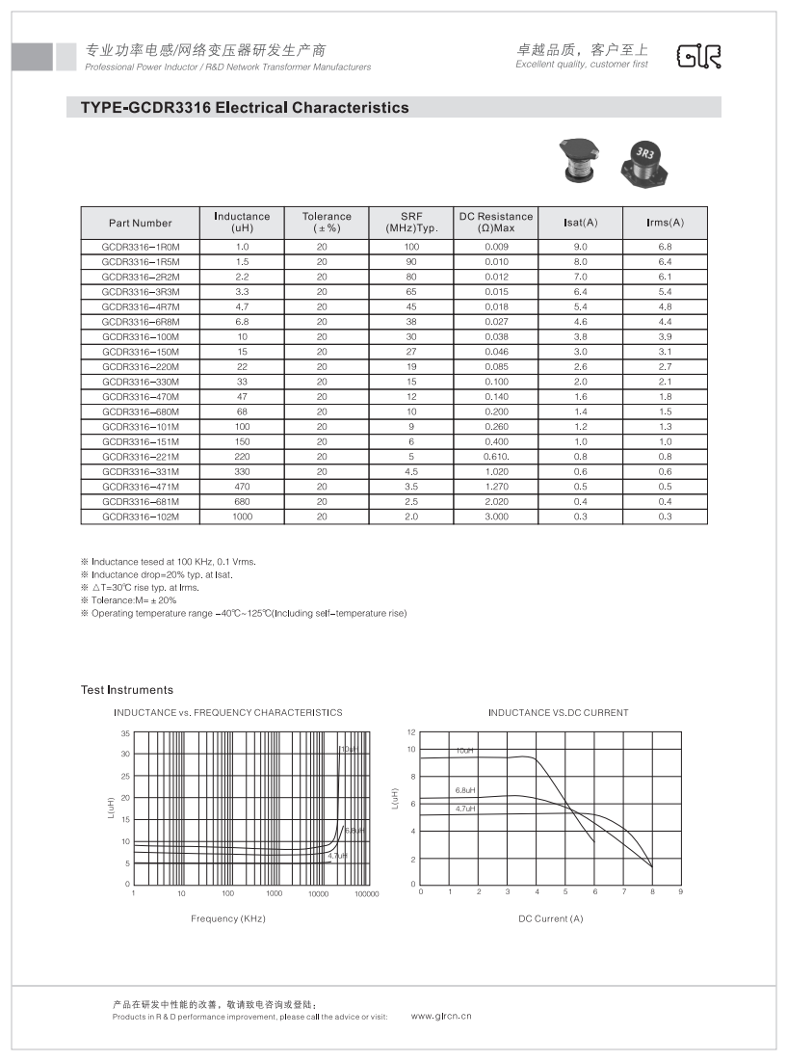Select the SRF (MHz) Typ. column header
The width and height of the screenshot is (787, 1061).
pos(411,223)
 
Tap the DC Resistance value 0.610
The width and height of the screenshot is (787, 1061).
pos(496,457)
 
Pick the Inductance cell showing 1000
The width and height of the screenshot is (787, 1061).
pos(242,517)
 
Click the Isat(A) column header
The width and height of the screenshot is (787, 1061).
pos(580,223)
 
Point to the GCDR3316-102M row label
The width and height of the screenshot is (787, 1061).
pos(141,517)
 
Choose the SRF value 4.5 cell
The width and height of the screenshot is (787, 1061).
pos(411,471)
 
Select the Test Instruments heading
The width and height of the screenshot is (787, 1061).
pos(127,690)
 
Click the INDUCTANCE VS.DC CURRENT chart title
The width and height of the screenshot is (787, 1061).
pos(558,713)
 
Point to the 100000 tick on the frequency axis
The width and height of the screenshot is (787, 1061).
pos(366,894)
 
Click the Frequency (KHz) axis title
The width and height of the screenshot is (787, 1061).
pos(227,919)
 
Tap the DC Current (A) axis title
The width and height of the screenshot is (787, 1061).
pos(550,919)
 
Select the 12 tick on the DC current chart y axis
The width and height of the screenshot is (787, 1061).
pos(410,733)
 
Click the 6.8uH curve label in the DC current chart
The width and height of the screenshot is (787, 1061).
pos(466,790)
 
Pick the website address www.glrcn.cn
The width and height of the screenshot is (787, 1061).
pos(441,1016)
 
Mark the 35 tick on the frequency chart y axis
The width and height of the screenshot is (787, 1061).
pos(125,733)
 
